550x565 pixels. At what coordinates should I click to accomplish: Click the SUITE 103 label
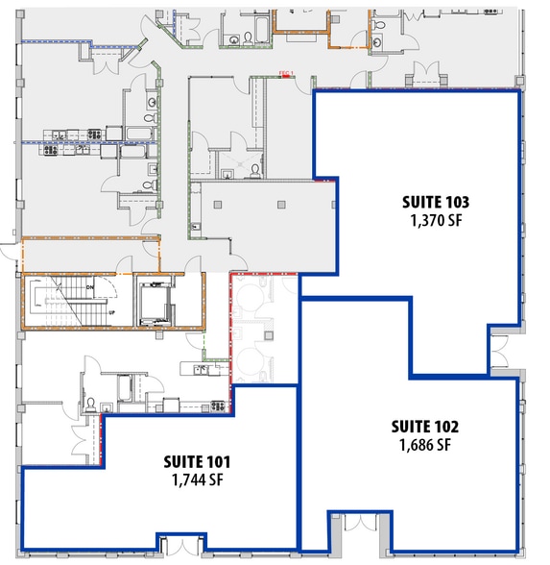pyautogui.click(x=437, y=203)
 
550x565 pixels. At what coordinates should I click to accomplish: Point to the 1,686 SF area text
pyautogui.click(x=424, y=445)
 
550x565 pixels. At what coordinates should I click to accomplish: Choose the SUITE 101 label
pyautogui.click(x=197, y=462)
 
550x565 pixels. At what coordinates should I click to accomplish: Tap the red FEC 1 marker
pyautogui.click(x=284, y=73)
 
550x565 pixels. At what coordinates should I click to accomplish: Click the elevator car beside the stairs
pyautogui.click(x=154, y=301)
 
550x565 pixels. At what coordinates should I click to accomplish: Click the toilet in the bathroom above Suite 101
pyautogui.click(x=88, y=404)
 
